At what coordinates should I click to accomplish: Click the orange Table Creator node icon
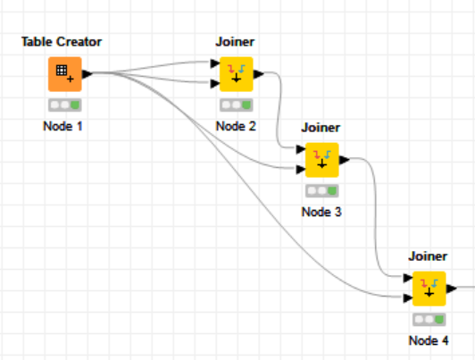pyautogui.click(x=65, y=74)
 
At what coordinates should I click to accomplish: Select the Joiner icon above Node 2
pyautogui.click(x=237, y=74)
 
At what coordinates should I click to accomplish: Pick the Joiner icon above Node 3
pyautogui.click(x=322, y=160)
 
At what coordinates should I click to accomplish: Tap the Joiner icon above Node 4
pyautogui.click(x=429, y=289)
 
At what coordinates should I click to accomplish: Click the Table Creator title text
pyautogui.click(x=62, y=42)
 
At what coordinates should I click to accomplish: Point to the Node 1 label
pyautogui.click(x=62, y=126)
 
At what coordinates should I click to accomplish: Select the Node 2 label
pyautogui.click(x=236, y=126)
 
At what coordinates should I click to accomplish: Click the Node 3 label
pyautogui.click(x=321, y=212)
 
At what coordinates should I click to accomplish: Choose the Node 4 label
pyautogui.click(x=429, y=340)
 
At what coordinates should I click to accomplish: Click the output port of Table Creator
pyautogui.click(x=87, y=74)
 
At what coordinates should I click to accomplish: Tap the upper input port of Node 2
pyautogui.click(x=215, y=63)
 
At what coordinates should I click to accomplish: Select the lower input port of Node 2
pyautogui.click(x=215, y=83)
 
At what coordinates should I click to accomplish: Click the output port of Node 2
pyautogui.click(x=258, y=74)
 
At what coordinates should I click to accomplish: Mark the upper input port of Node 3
pyautogui.click(x=301, y=149)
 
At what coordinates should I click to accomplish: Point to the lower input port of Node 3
pyautogui.click(x=301, y=169)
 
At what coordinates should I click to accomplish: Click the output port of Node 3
pyautogui.click(x=344, y=160)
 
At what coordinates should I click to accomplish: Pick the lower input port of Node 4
pyautogui.click(x=408, y=297)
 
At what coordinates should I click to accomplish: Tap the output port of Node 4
pyautogui.click(x=452, y=289)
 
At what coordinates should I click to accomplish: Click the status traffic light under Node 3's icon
pyautogui.click(x=322, y=191)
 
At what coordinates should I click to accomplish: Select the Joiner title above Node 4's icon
pyautogui.click(x=428, y=256)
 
